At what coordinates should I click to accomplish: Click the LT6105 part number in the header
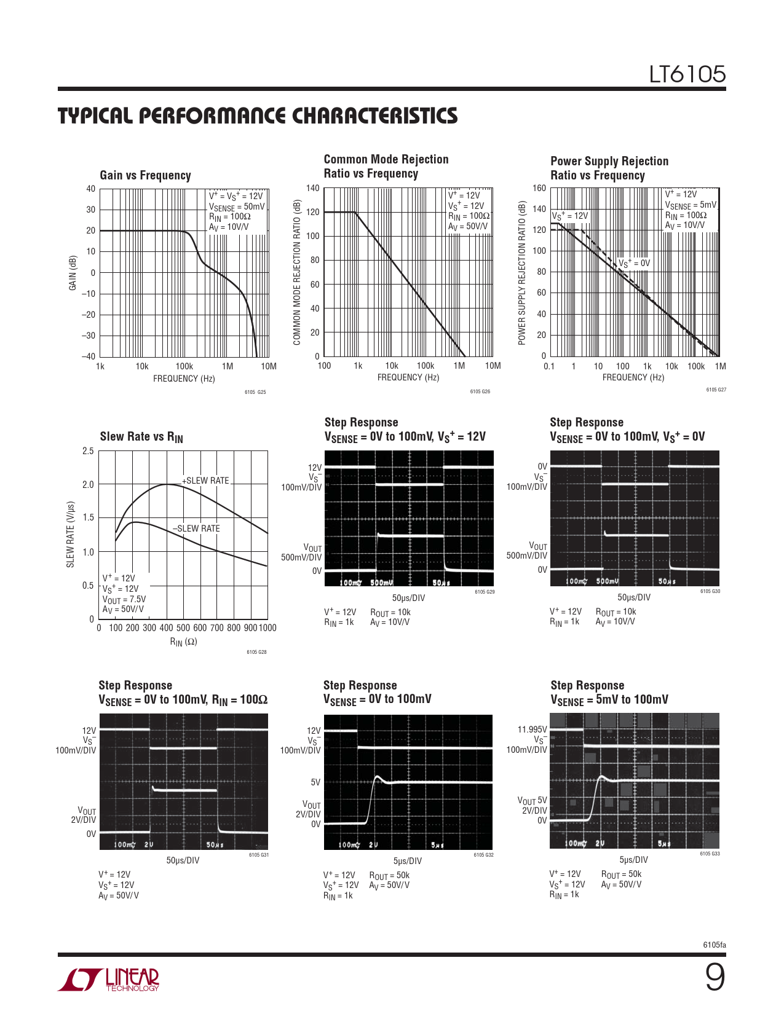coord(687,74)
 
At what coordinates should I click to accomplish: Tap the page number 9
coord(715,977)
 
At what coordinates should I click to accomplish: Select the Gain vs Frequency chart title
coord(145,175)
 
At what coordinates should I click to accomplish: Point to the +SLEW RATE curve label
coord(205,481)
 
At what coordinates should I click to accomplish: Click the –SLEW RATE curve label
coord(196,529)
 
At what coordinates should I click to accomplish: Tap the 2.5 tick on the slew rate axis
coord(88,451)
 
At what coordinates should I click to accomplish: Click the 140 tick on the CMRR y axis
coord(313,188)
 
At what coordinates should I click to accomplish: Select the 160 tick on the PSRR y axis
coord(539,188)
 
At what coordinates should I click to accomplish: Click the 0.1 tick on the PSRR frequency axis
coord(549,366)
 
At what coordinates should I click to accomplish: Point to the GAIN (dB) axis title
coord(73,273)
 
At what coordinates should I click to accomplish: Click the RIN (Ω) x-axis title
coord(183,642)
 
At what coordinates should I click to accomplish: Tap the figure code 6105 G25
coord(255,392)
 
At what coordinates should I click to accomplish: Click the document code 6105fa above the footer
coord(714,945)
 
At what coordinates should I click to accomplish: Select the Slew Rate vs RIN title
coord(141,437)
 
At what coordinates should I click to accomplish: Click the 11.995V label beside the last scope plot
coord(532,729)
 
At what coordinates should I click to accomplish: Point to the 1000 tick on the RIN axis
coord(267,628)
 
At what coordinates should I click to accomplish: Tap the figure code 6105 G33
coord(710,854)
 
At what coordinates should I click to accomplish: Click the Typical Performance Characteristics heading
coord(258,116)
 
